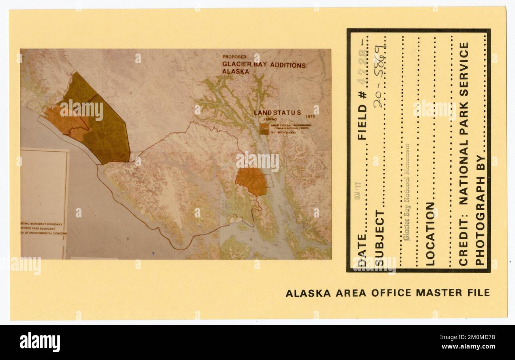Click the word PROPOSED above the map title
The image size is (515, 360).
coord(234,57)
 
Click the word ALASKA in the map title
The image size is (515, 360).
coord(236,72)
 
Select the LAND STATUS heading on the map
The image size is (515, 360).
coord(277,113)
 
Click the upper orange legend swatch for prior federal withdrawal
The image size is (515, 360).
coord(264,126)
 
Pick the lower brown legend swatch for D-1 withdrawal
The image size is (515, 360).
coord(264,132)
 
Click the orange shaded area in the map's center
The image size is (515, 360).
coord(251,181)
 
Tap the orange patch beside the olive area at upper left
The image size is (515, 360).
coord(65,121)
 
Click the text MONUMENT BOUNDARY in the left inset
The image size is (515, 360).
coord(43,224)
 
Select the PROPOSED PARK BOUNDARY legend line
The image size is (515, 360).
coord(42,229)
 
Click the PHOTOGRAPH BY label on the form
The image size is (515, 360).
coord(480,210)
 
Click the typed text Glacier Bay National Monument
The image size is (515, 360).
coord(406,192)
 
